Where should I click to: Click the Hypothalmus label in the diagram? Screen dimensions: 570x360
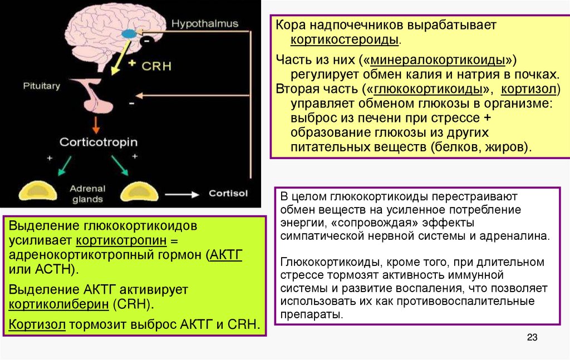[205, 24]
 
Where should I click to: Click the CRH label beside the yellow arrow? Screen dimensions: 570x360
[157, 65]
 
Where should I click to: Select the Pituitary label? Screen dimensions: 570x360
[41, 86]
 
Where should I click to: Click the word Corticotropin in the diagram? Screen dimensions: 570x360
[98, 142]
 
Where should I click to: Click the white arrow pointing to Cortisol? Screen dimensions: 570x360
[182, 194]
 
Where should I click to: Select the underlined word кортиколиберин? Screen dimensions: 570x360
[58, 305]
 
